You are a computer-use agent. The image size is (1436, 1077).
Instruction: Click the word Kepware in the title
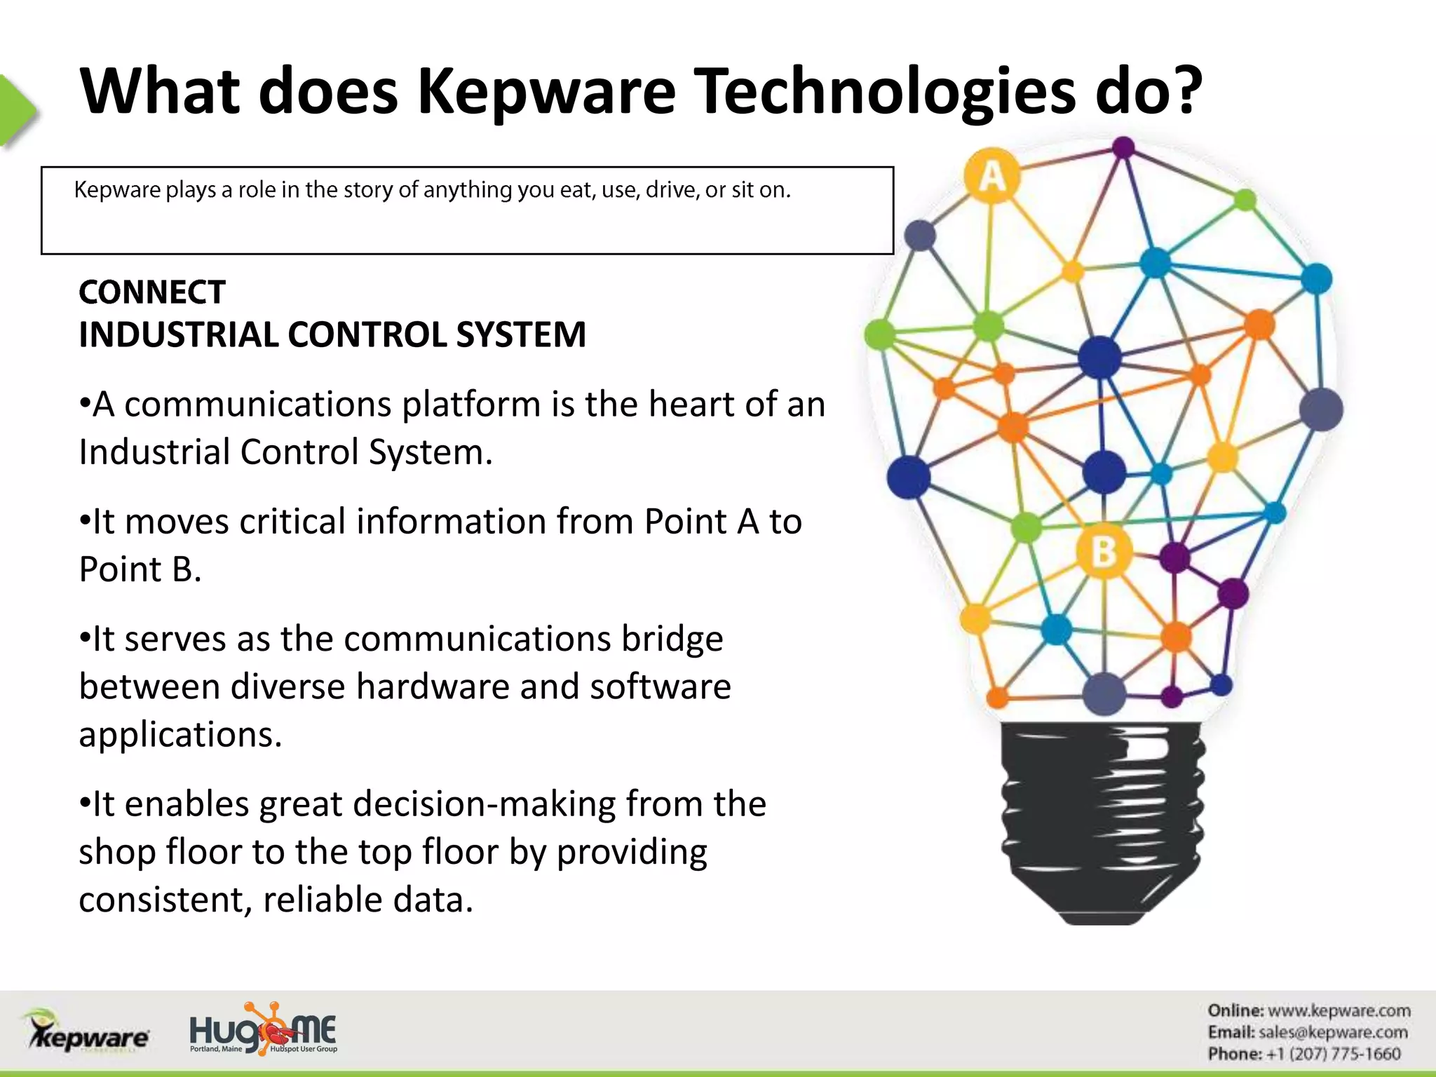point(547,93)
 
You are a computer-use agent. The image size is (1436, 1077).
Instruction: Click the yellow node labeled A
point(991,175)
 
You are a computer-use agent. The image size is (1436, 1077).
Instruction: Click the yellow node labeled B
point(1104,551)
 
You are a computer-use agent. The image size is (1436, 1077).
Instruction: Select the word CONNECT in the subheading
point(152,292)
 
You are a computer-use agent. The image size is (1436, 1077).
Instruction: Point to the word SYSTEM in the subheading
point(520,334)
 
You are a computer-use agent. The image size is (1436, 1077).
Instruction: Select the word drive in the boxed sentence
point(671,190)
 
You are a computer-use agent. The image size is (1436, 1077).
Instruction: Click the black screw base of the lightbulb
point(1102,820)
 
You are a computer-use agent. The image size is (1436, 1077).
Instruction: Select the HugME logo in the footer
point(263,1030)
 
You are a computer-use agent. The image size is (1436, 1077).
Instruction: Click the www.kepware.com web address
point(1339,1010)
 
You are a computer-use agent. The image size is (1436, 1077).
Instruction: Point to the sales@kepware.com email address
point(1332,1032)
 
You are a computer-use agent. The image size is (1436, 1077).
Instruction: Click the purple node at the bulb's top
point(1123,148)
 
